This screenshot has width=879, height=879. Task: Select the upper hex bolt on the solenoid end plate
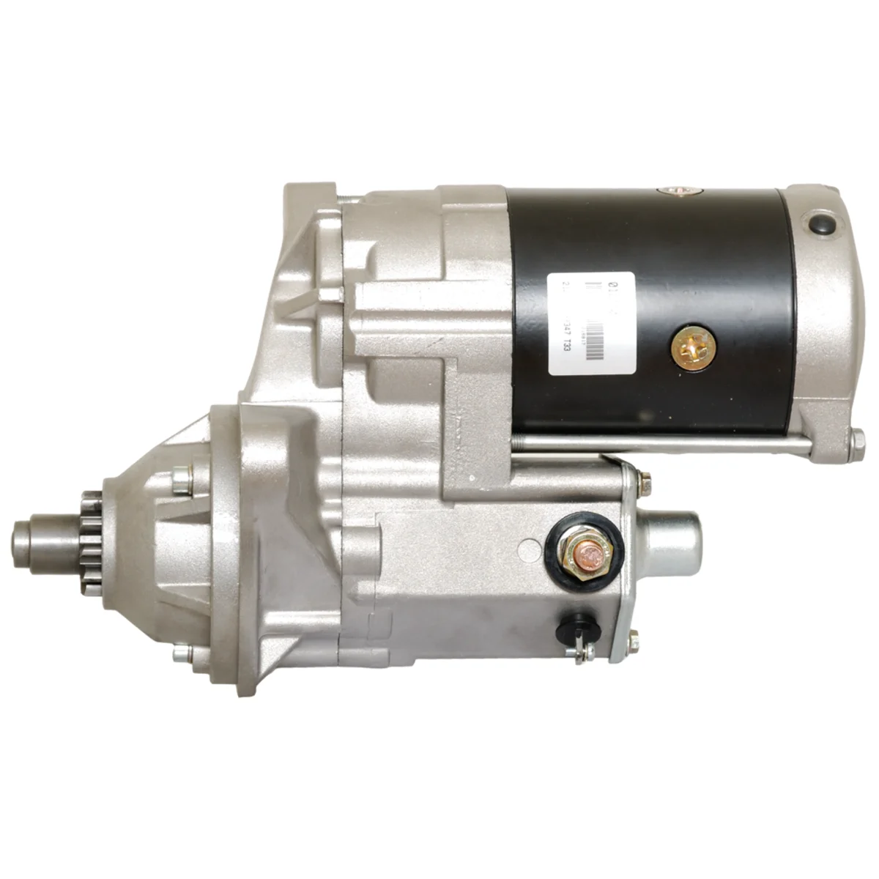(645, 480)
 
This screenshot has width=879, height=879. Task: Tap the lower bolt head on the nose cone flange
(179, 654)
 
